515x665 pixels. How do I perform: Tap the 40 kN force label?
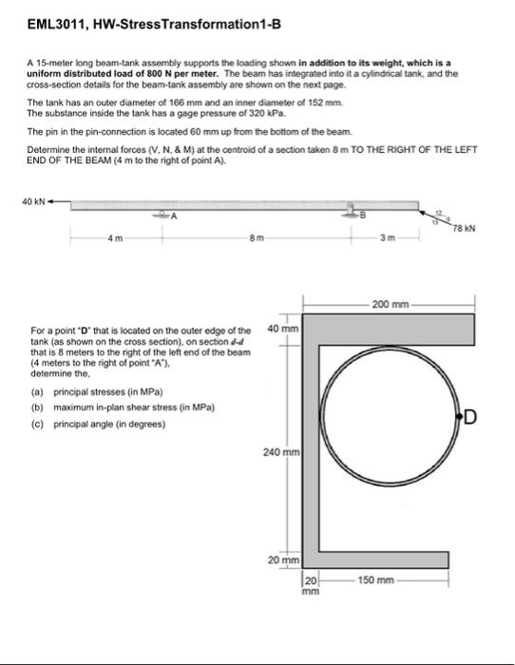tap(31, 199)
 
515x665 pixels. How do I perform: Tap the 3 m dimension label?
tap(387, 238)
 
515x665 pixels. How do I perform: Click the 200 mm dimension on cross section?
tap(391, 305)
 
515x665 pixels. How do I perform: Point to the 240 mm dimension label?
tap(281, 454)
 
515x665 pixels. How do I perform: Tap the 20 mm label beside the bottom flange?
tap(286, 563)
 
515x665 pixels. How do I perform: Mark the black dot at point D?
tap(459, 416)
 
